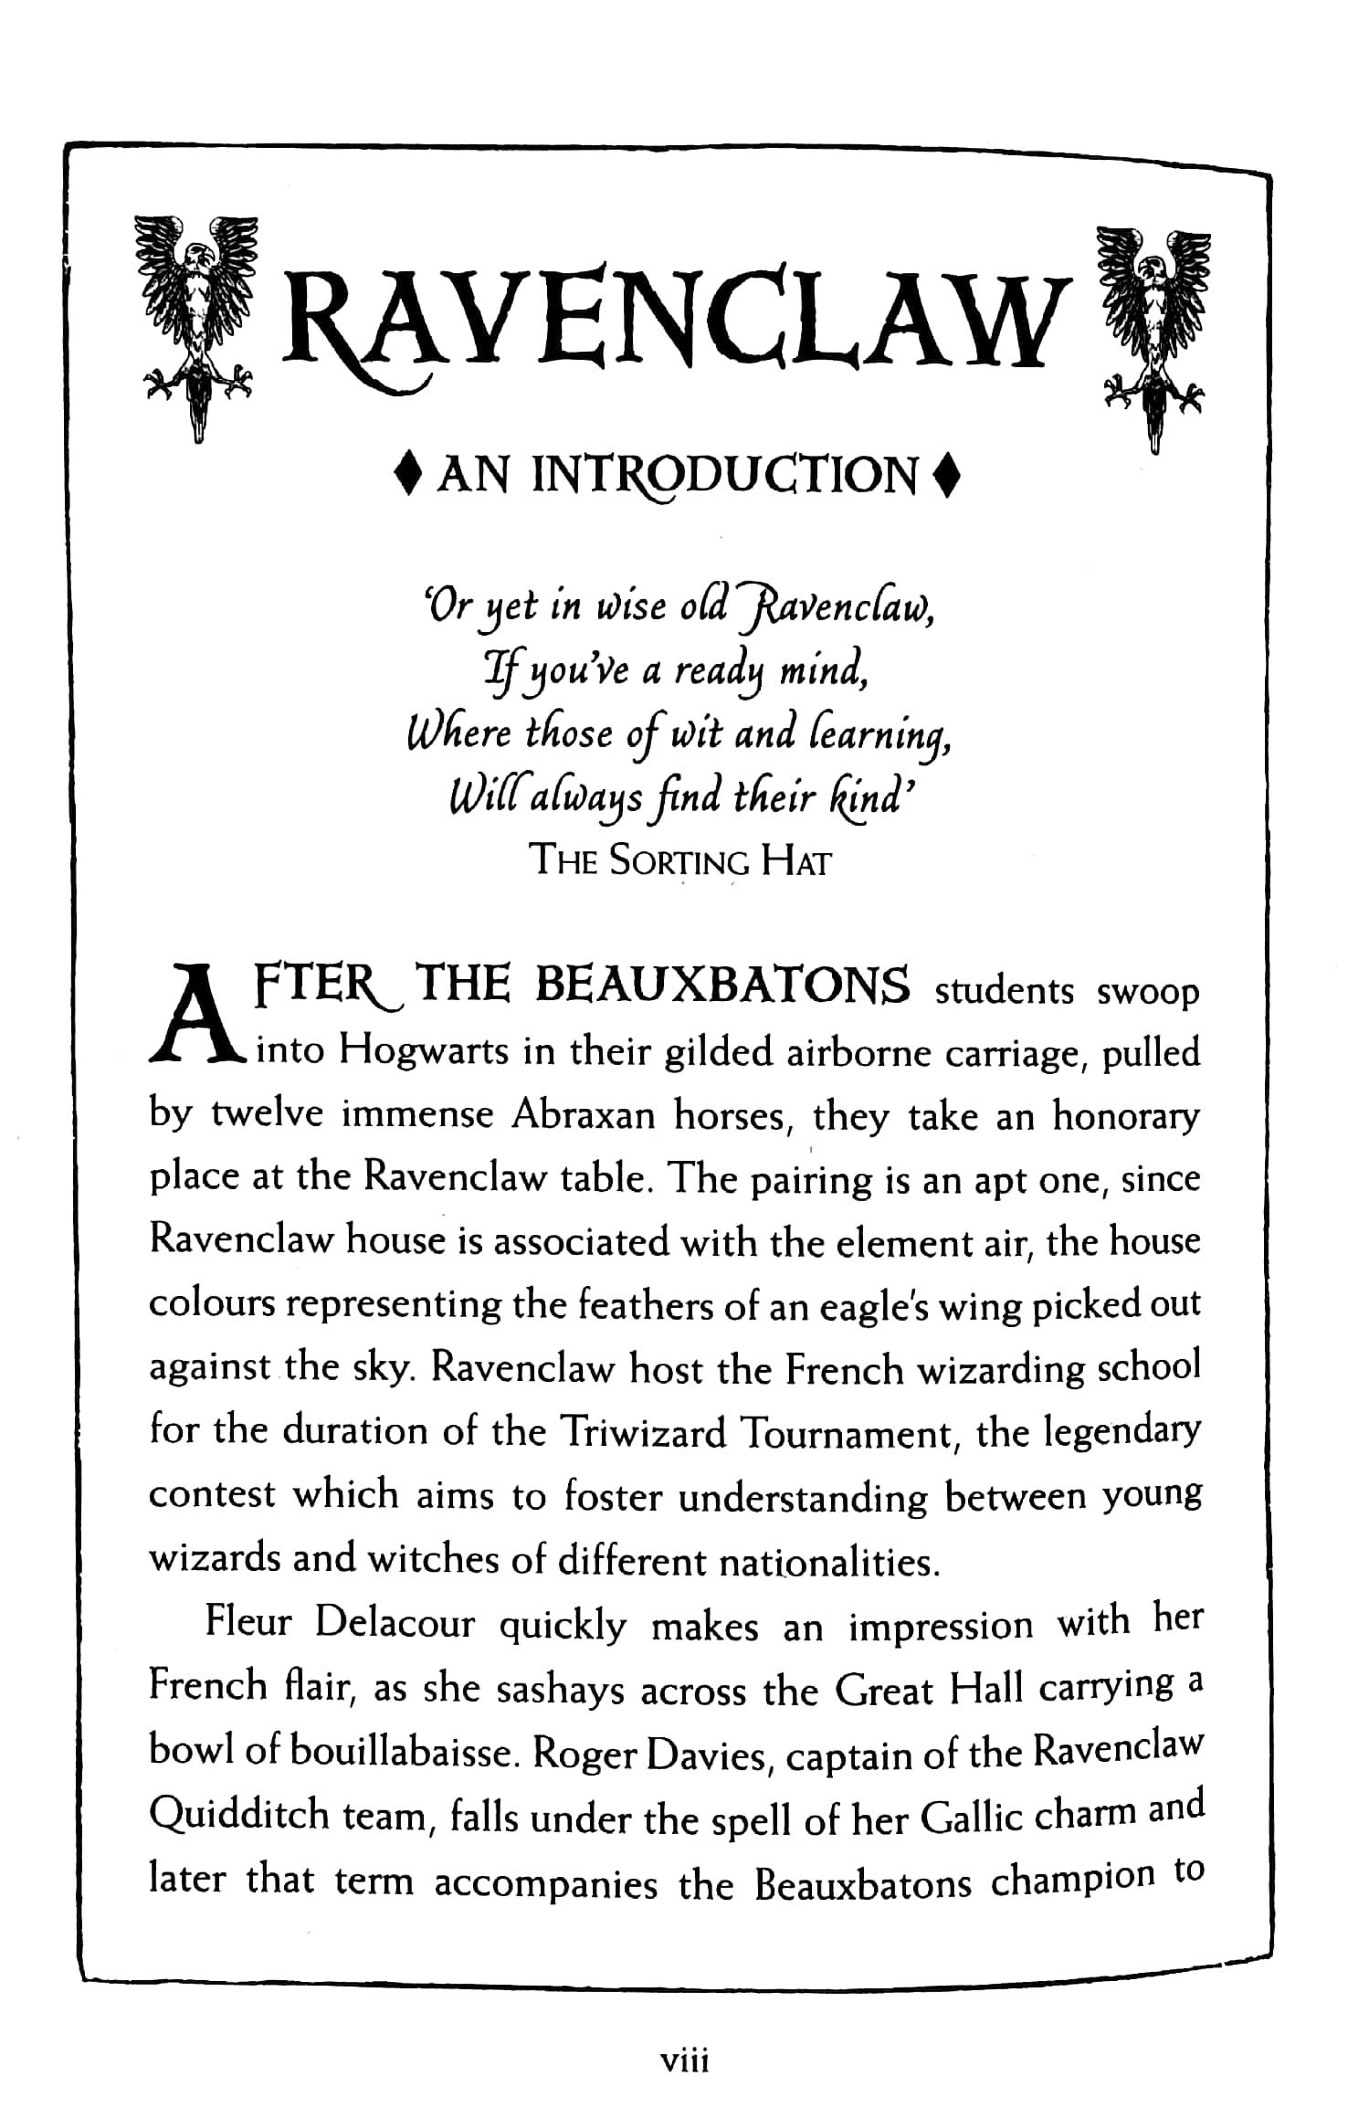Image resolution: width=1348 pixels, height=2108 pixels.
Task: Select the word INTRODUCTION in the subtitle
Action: click(724, 477)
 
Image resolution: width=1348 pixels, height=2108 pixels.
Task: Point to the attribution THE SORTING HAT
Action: click(681, 860)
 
